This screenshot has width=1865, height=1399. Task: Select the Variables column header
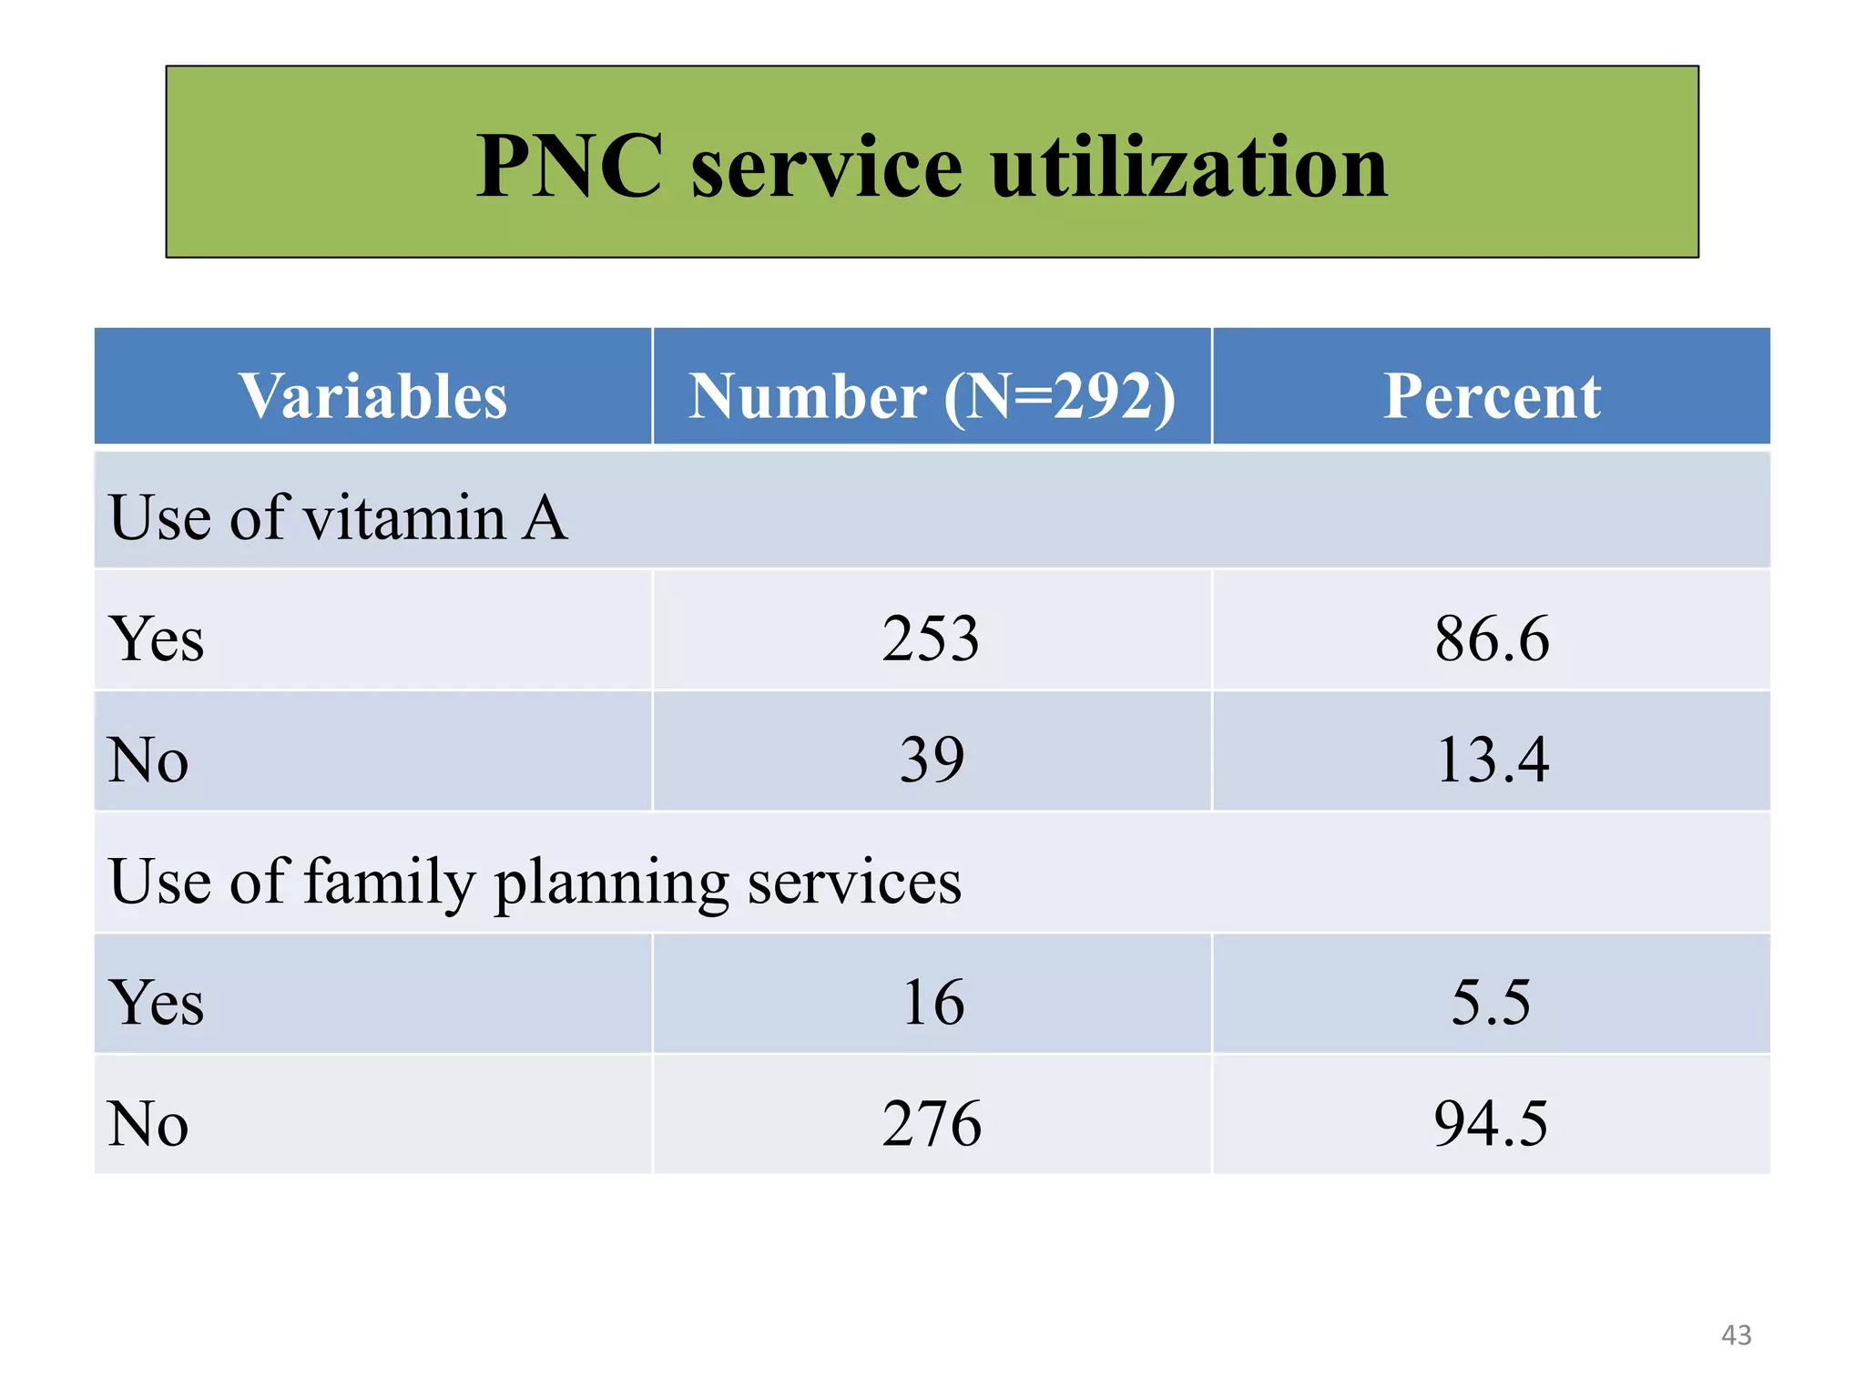coord(372,396)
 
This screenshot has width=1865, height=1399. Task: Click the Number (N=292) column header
coord(932,396)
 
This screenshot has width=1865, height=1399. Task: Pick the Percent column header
coord(1492,396)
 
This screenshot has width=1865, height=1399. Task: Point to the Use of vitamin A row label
coord(338,517)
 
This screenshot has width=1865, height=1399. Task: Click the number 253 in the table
coord(931,638)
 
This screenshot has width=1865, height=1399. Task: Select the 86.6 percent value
coord(1492,638)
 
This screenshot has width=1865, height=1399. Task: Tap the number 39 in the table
coord(932,759)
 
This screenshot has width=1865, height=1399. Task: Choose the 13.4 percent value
coord(1492,759)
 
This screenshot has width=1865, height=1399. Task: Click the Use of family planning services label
coord(535,882)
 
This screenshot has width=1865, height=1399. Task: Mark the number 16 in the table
coord(932,1002)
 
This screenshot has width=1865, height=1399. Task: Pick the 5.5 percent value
coord(1491,1002)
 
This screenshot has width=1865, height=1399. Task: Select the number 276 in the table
coord(932,1123)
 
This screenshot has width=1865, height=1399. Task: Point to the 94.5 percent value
coord(1491,1123)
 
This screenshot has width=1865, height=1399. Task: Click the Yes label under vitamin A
coord(156,638)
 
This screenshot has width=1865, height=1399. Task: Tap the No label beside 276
coord(148,1123)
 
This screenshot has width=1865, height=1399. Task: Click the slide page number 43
coord(1736,1335)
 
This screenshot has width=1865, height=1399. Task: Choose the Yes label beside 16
coord(156,1002)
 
